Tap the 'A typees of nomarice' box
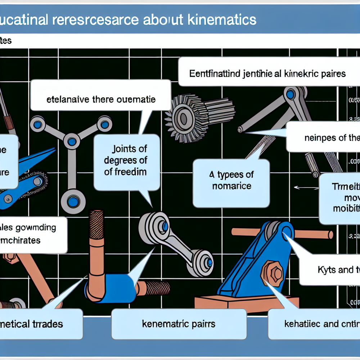click(231, 181)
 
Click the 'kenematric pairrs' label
click(179, 324)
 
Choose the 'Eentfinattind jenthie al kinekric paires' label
click(267, 74)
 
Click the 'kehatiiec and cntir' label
click(313, 324)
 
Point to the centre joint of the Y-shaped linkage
click(72, 141)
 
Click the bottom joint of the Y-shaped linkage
click(73, 201)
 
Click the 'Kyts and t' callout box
click(329, 270)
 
